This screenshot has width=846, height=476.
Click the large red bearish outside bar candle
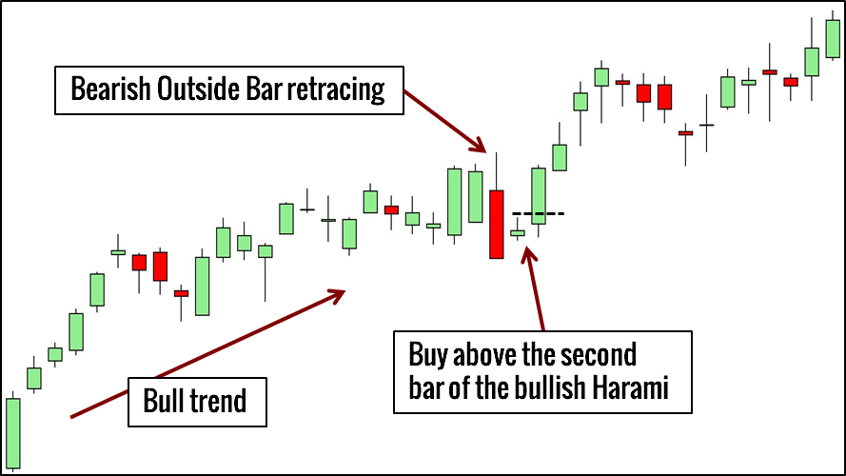[497, 224]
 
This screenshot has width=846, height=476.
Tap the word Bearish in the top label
[110, 89]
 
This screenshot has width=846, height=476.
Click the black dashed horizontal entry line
[538, 213]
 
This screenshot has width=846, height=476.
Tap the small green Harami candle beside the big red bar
[518, 233]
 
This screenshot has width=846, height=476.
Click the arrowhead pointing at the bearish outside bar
[478, 144]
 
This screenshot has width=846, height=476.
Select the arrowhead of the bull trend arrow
[337, 296]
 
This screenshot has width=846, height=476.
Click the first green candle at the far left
[13, 433]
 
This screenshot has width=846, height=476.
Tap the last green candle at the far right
[833, 38]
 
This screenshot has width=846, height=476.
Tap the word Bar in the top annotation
[265, 89]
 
